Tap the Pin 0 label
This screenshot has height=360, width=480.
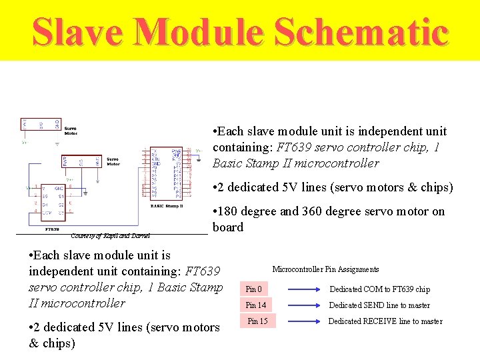[x=254, y=289]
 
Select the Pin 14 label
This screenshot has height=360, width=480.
[x=256, y=305]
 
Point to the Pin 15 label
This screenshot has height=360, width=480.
[x=257, y=321]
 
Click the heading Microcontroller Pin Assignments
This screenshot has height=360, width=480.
[x=325, y=269]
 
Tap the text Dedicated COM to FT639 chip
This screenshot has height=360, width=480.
[x=379, y=289]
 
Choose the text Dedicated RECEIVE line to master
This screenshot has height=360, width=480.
[x=385, y=321]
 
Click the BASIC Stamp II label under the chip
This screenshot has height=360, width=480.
[x=167, y=206]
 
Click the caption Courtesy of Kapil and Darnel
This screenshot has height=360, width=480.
[x=110, y=235]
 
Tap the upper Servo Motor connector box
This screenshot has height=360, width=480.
[x=41, y=124]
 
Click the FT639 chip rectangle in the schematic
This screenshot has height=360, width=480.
[x=53, y=202]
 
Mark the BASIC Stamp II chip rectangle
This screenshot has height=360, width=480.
[x=167, y=173]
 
